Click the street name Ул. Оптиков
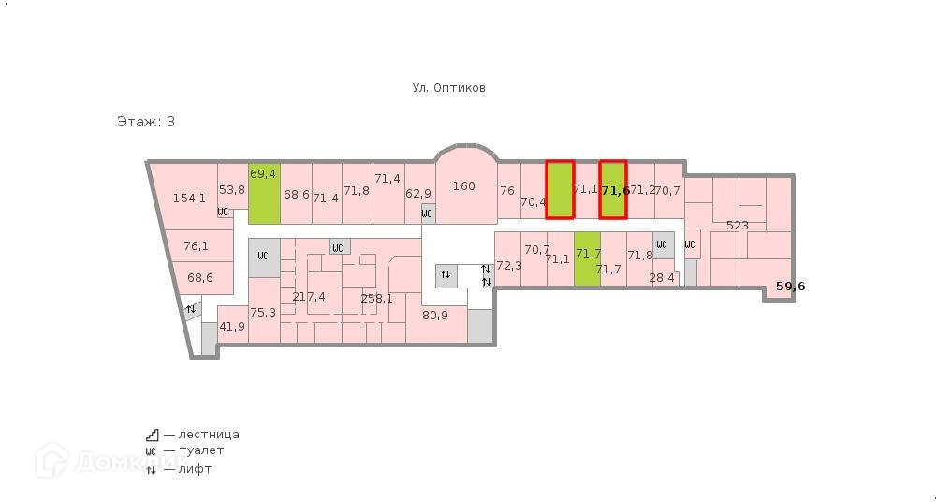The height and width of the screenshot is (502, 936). (448, 88)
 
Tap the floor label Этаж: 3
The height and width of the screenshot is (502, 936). (145, 122)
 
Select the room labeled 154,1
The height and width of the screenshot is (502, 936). (189, 198)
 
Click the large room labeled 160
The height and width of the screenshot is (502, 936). (463, 186)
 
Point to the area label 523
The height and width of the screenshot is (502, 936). (738, 225)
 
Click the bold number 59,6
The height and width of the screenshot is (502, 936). (790, 287)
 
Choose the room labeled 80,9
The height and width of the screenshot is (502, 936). (435, 315)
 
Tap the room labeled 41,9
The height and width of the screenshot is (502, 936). (232, 326)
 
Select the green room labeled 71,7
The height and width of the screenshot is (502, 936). (588, 255)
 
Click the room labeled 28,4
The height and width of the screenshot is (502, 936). (662, 277)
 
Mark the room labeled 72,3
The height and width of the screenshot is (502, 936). (508, 265)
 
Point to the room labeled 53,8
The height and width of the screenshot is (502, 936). (232, 190)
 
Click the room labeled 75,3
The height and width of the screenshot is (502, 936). (263, 313)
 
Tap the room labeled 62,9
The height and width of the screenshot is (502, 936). (418, 194)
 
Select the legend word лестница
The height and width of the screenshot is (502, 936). (202, 435)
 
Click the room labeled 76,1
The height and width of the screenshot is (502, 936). (196, 246)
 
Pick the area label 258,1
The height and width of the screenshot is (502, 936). (376, 299)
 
